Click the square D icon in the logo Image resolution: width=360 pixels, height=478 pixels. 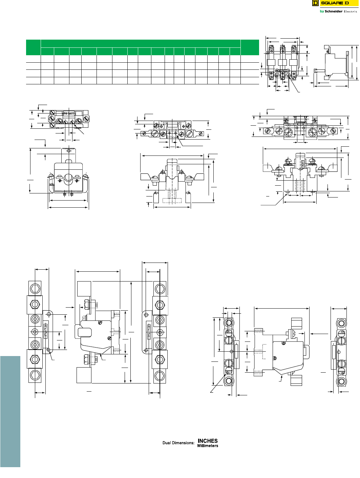point(315,3)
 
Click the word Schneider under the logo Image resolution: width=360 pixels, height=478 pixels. point(333,12)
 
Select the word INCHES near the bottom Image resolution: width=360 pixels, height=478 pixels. point(208,441)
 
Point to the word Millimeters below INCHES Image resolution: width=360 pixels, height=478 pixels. point(208,446)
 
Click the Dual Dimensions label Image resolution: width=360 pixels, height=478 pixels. point(178,443)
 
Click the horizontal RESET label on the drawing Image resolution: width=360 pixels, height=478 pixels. point(69,114)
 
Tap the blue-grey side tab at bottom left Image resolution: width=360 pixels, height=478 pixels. point(10,411)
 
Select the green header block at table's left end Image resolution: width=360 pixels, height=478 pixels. point(33,47)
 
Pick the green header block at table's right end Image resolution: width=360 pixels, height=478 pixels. point(250,47)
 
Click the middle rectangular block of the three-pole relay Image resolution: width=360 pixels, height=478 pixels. point(282,62)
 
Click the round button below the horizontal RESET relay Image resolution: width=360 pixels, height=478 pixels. point(68,177)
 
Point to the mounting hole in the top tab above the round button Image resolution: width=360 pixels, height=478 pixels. point(69,150)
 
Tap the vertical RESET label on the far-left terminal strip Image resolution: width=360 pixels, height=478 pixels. point(46,330)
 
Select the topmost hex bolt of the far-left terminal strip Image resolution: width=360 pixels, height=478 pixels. point(35,289)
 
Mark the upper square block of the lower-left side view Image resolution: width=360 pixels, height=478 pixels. point(84,288)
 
